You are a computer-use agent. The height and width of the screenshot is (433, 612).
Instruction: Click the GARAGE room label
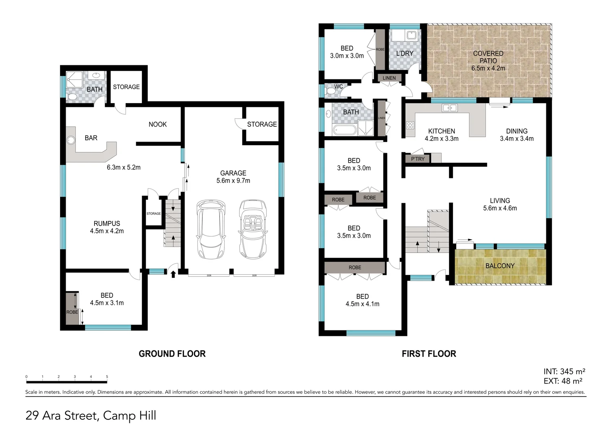click(x=233, y=173)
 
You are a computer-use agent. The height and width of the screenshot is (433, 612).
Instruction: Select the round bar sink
click(x=71, y=140)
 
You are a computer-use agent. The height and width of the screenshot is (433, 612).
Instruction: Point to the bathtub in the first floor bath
click(x=344, y=130)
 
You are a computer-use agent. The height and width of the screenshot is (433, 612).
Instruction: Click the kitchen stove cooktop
click(x=410, y=125)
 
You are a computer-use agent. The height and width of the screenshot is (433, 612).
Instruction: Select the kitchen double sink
click(x=449, y=107)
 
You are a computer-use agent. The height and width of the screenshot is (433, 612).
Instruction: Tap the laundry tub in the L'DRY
click(x=411, y=35)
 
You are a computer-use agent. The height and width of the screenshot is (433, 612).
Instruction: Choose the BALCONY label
click(x=499, y=266)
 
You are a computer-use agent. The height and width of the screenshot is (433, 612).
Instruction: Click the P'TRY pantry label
click(x=417, y=159)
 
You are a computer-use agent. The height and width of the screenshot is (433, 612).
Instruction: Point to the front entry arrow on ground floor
click(x=173, y=274)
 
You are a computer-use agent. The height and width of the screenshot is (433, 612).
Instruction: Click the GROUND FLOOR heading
click(x=172, y=354)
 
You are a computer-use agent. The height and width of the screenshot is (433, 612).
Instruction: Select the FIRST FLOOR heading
click(x=429, y=354)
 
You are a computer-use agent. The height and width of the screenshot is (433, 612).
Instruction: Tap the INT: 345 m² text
click(x=564, y=372)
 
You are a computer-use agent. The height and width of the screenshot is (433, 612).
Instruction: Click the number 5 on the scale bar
click(x=107, y=377)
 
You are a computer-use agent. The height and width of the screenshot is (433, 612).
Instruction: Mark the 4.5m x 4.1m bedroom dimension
click(x=362, y=304)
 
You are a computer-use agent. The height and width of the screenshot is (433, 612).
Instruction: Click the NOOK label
click(x=157, y=124)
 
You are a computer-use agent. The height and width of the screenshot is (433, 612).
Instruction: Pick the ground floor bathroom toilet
click(x=72, y=97)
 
